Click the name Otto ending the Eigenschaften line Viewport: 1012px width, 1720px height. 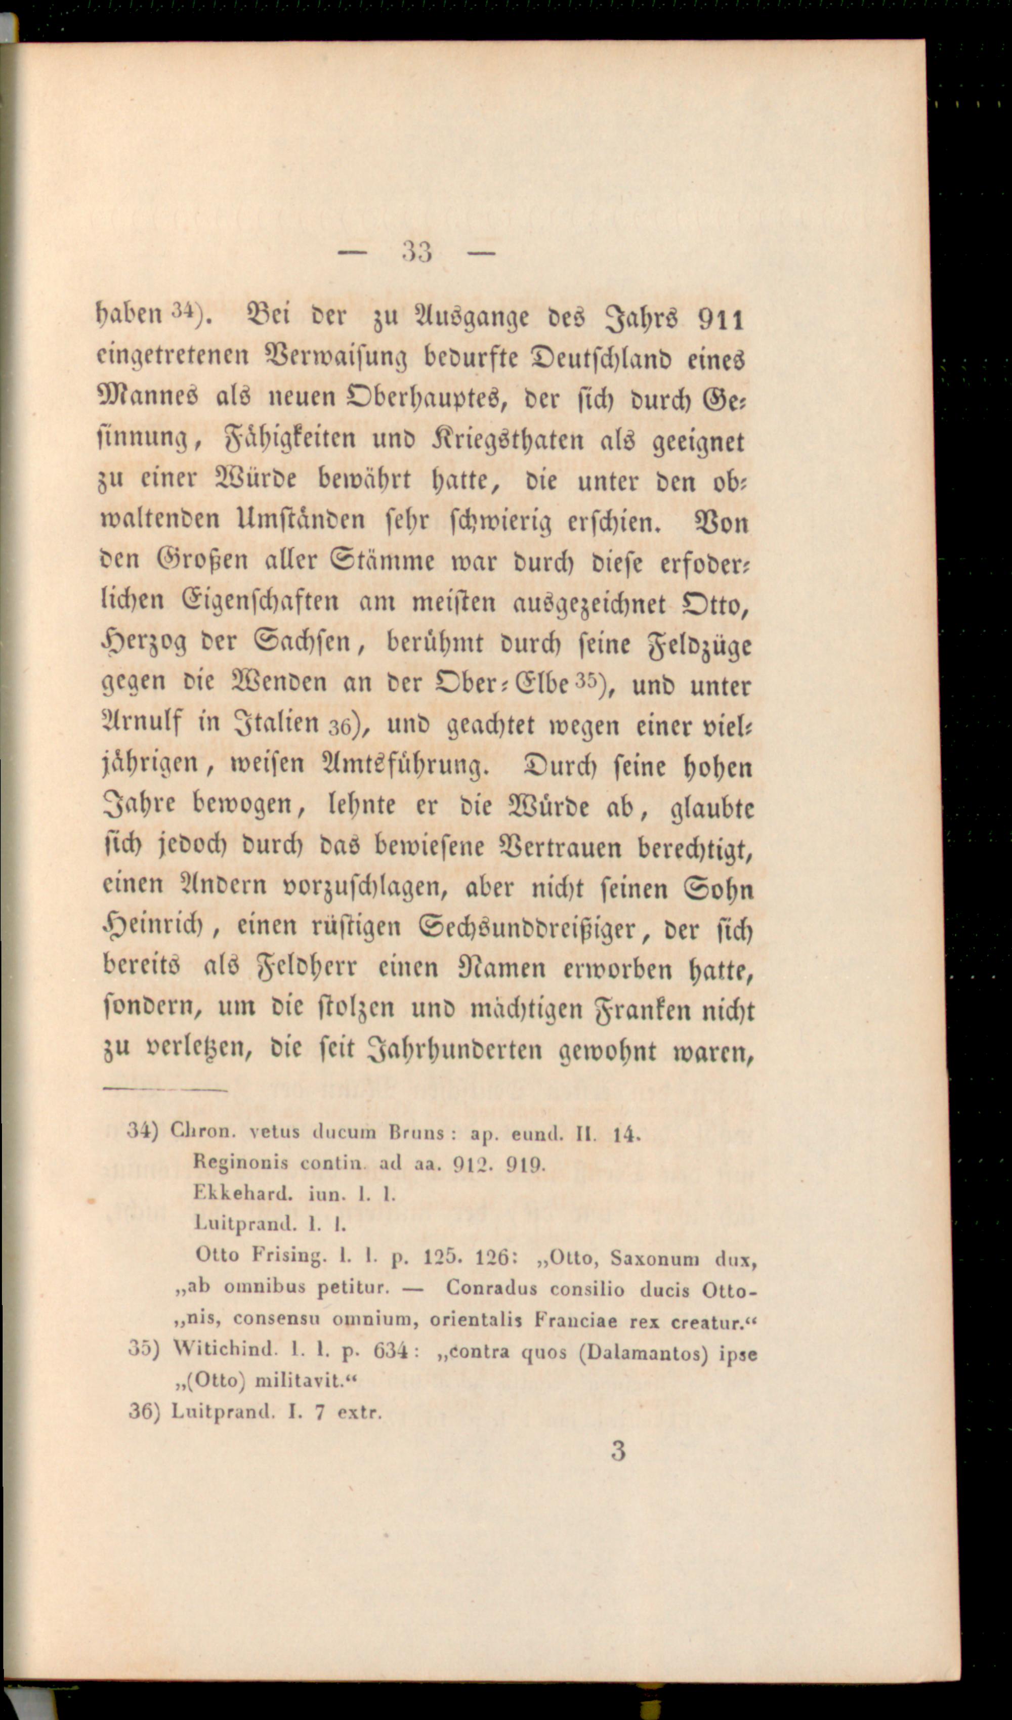coord(715,604)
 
